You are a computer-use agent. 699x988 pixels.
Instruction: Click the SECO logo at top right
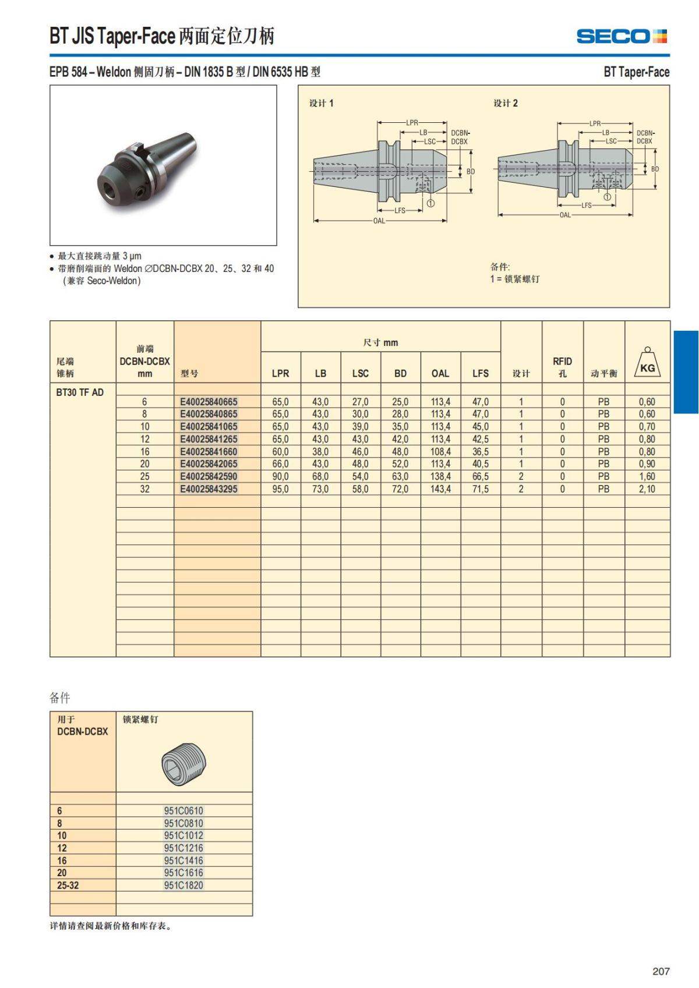(621, 36)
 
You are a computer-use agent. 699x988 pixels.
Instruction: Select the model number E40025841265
(209, 439)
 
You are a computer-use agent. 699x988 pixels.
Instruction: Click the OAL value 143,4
(440, 489)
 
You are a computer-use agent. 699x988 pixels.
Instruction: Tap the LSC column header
(360, 373)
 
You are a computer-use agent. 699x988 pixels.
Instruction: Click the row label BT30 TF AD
(80, 392)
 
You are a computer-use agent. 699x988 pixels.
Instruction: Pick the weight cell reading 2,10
(647, 489)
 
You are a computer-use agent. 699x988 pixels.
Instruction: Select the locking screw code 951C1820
(183, 885)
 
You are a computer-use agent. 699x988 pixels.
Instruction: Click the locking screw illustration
(184, 764)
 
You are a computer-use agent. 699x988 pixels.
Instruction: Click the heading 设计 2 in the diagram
(506, 103)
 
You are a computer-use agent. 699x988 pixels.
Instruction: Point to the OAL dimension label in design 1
(379, 221)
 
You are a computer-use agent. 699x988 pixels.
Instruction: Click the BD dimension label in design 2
(655, 169)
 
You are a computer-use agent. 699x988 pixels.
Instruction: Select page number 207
(661, 971)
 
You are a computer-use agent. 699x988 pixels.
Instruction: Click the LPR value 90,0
(280, 476)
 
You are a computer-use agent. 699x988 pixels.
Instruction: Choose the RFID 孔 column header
(562, 367)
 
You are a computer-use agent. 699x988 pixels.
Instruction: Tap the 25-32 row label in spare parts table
(68, 885)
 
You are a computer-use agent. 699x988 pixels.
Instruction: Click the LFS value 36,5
(480, 452)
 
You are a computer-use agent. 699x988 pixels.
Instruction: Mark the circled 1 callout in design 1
(430, 203)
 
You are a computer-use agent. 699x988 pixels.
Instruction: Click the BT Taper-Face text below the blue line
(636, 72)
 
